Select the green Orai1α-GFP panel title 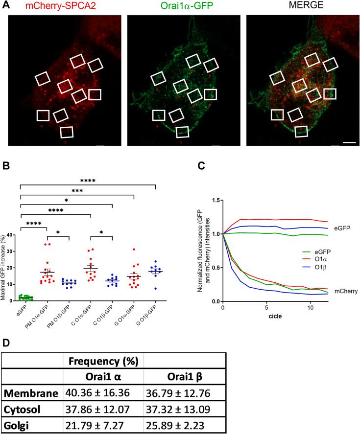(183, 6)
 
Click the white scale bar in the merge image (348, 142)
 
